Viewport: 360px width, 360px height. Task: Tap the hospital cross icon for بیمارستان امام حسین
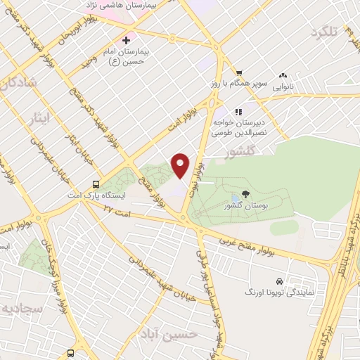126,39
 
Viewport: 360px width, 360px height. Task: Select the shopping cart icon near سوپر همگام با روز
239,72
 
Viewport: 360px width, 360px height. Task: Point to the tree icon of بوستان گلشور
245,194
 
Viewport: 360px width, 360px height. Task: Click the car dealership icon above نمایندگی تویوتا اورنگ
281,280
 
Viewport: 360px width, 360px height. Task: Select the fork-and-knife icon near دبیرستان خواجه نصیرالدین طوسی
239,111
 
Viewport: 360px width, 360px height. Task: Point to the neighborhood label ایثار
44,116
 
